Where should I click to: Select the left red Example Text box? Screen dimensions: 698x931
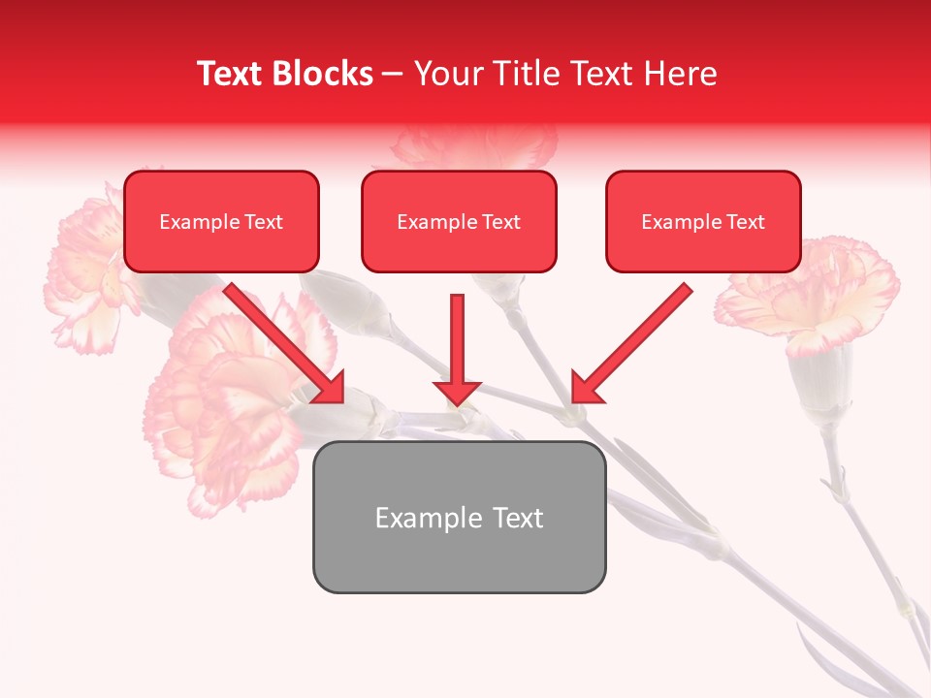point(221,221)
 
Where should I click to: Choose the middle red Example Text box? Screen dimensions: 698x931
point(459,221)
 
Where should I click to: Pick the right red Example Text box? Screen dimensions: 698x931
point(703,221)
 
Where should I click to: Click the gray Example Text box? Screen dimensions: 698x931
point(459,517)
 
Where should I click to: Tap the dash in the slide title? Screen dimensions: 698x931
point(393,74)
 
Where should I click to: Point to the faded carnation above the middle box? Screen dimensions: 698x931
point(475,145)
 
